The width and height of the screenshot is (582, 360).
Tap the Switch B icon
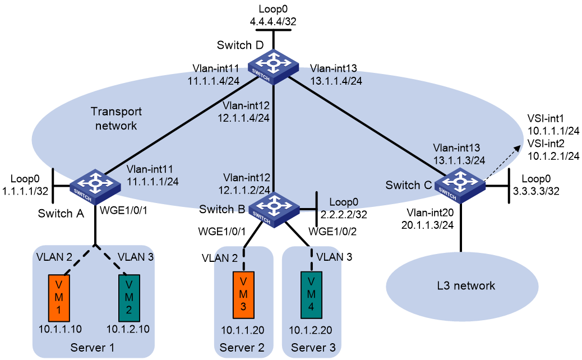pos(274,210)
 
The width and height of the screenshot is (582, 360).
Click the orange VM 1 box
pos(59,298)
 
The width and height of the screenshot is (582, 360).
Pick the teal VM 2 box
pos(129,298)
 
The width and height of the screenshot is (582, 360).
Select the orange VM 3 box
pos(243,295)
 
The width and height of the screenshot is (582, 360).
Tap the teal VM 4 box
pos(311,295)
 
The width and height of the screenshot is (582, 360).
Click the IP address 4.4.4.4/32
pos(273,21)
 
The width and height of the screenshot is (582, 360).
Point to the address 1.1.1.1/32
pos(25,191)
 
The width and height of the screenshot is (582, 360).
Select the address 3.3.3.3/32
pos(536,191)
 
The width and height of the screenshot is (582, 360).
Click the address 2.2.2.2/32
pos(344,215)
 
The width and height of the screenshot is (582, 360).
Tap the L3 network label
pos(466,285)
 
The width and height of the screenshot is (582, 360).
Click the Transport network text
pos(116,118)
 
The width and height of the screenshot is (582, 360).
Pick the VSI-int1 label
pos(546,118)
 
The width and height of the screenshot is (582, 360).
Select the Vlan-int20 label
pos(430,213)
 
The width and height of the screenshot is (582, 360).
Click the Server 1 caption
pos(93,348)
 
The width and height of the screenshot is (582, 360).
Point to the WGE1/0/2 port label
pos(332,232)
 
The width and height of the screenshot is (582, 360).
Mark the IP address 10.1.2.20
pos(311,330)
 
